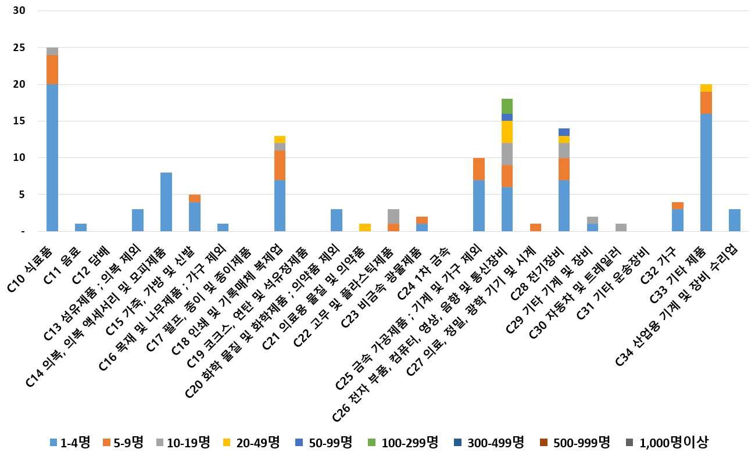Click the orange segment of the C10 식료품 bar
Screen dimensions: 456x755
pyautogui.click(x=52, y=70)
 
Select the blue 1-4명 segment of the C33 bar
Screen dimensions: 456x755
pyautogui.click(x=706, y=172)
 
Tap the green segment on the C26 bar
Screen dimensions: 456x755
pyautogui.click(x=507, y=106)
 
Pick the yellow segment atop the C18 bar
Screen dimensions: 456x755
pyautogui.click(x=280, y=139)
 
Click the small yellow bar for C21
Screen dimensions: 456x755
pyautogui.click(x=365, y=227)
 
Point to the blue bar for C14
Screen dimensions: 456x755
pyautogui.click(x=166, y=202)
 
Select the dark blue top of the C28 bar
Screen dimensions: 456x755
pyautogui.click(x=564, y=132)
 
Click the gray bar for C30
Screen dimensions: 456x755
pyautogui.click(x=621, y=227)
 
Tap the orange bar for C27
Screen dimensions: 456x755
pyautogui.click(x=535, y=227)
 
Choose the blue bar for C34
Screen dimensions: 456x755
pyautogui.click(x=735, y=220)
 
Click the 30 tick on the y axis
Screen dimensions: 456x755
pyautogui.click(x=20, y=11)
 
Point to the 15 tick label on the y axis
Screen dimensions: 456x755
pyautogui.click(x=20, y=121)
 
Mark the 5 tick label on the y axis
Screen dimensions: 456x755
pyautogui.click(x=23, y=195)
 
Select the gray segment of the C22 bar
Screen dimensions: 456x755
pyautogui.click(x=393, y=216)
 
